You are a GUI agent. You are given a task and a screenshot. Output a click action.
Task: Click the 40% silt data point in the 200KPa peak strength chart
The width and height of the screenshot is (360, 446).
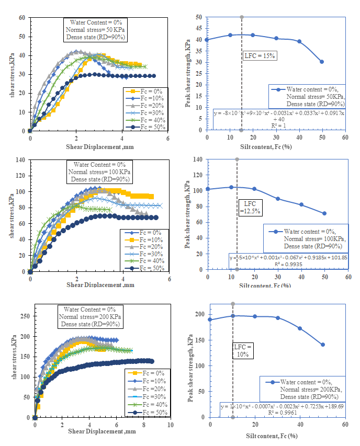(x=300, y=328)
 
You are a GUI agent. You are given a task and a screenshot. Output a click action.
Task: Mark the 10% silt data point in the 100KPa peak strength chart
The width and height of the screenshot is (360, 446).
(x=231, y=187)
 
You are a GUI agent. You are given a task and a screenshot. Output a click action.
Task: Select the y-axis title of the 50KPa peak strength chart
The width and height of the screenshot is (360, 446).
(x=188, y=73)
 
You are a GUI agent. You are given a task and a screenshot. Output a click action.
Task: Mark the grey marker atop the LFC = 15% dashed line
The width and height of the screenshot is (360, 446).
(x=242, y=17)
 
